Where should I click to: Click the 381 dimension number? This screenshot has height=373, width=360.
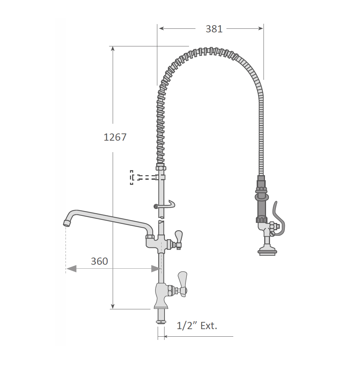pyautogui.click(x=214, y=29)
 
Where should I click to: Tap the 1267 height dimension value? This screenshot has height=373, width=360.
pyautogui.click(x=115, y=137)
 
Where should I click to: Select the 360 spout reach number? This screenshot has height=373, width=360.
pyautogui.click(x=99, y=261)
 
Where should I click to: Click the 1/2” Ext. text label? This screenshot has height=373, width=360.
pyautogui.click(x=197, y=326)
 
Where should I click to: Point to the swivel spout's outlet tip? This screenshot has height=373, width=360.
pyautogui.click(x=67, y=223)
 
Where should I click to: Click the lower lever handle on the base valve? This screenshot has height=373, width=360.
pyautogui.click(x=183, y=283)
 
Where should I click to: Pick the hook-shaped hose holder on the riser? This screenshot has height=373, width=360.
pyautogui.click(x=165, y=205)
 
